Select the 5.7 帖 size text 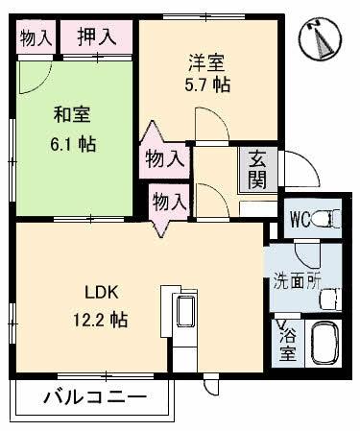[x=208, y=84]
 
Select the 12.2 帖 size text [x=100, y=319]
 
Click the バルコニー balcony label [x=94, y=397]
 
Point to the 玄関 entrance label [x=259, y=169]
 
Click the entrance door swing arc [x=300, y=174]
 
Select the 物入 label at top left [x=36, y=37]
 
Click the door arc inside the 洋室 [x=205, y=122]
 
